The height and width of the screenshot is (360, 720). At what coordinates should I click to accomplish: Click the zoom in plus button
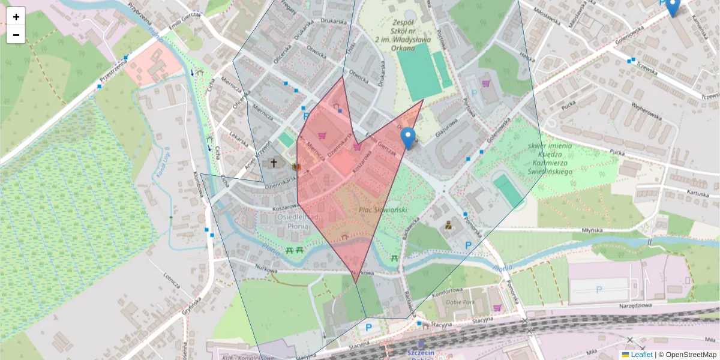(x=16, y=17)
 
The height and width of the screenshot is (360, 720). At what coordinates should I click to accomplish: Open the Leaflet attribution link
(x=641, y=355)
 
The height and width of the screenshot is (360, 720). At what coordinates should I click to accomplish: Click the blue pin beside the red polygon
(x=408, y=138)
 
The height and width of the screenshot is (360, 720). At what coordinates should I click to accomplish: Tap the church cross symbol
(x=274, y=163)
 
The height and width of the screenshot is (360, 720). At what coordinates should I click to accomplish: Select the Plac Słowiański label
(x=383, y=209)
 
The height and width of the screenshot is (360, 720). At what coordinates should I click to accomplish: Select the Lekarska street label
(x=239, y=139)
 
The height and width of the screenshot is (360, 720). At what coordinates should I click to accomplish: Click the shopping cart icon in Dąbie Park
(x=497, y=308)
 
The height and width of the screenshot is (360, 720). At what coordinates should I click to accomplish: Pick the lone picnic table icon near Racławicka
(x=394, y=259)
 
